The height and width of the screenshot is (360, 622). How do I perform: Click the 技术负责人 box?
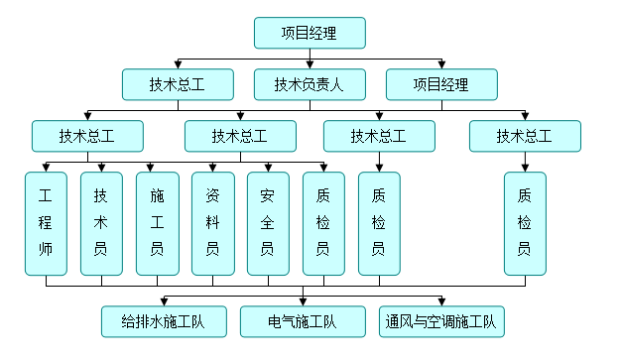tap(310, 84)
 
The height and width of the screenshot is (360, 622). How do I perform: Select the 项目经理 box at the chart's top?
tap(310, 33)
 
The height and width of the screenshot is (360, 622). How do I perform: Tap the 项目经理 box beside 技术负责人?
tap(440, 84)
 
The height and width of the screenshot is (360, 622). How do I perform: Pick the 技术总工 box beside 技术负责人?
tap(178, 84)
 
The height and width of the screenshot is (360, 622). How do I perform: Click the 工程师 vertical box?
tap(46, 223)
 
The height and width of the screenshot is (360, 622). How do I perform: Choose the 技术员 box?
tap(101, 223)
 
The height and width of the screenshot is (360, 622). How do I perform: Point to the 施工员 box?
tap(157, 223)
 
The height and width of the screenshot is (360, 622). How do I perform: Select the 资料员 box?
tap(212, 223)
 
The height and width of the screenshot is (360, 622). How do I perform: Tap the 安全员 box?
tap(268, 223)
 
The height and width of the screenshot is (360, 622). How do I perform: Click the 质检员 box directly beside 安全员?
tap(323, 223)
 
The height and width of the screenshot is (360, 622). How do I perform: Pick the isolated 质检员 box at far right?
tap(525, 223)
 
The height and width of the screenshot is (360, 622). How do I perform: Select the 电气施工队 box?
tap(303, 321)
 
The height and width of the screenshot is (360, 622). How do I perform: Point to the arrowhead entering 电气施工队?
tap(303, 301)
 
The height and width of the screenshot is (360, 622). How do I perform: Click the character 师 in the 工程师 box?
tap(46, 248)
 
